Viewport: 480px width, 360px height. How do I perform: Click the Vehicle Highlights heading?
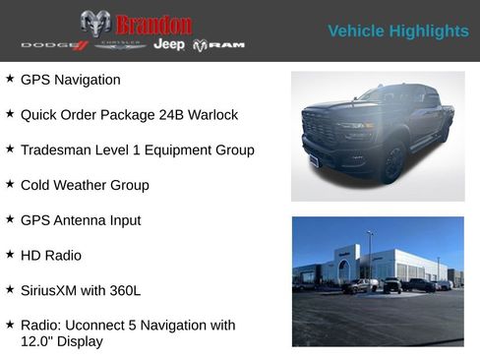(397, 31)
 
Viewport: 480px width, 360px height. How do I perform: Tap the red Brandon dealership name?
(153, 24)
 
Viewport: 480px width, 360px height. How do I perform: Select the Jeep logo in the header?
(168, 45)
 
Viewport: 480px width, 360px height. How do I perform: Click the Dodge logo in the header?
(55, 45)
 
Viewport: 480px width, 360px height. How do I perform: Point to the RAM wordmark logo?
(218, 45)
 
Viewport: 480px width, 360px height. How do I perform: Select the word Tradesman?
(57, 150)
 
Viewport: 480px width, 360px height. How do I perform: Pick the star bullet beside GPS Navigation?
(10, 79)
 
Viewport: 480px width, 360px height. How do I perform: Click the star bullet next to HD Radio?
(10, 255)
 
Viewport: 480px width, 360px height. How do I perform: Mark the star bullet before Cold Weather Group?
(10, 184)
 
